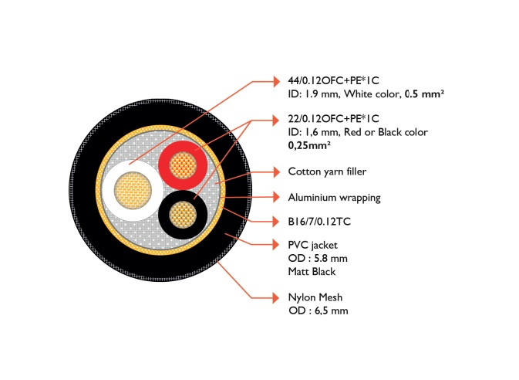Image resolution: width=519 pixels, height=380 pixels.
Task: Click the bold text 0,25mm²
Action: tap(309, 144)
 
